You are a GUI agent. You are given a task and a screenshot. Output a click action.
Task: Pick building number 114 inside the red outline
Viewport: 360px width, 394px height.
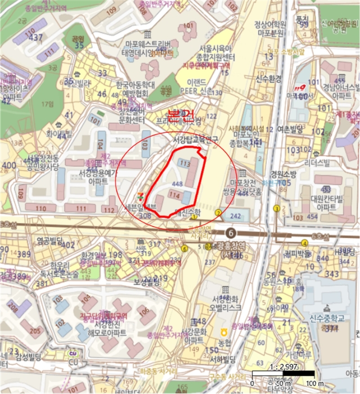tap(174, 195)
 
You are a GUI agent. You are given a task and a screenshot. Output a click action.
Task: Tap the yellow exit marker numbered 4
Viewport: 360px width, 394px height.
tap(304, 243)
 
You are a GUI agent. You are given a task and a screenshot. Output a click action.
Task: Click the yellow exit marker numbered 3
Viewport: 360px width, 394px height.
tap(218, 213)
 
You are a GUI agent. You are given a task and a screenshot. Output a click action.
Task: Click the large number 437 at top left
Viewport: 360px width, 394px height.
tap(37, 38)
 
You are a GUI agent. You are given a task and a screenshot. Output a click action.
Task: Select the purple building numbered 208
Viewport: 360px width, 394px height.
tap(12, 310)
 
